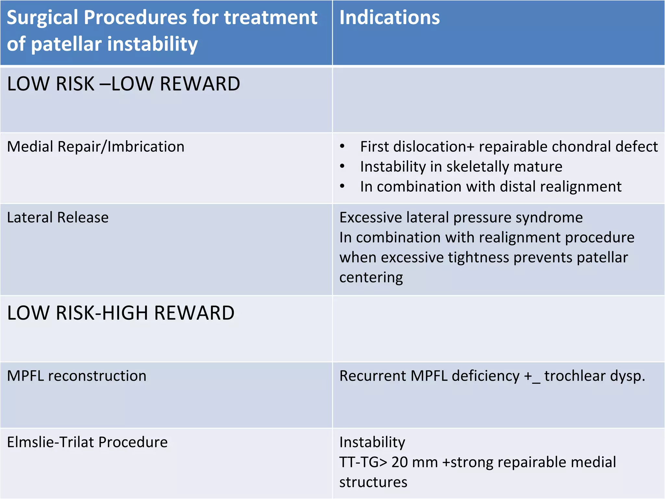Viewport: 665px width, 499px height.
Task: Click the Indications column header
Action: coord(389,18)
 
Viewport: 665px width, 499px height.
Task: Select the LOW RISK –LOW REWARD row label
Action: coord(123,84)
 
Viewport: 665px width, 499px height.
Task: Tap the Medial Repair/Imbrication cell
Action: coord(96,147)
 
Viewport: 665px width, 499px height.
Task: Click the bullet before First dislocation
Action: coord(342,147)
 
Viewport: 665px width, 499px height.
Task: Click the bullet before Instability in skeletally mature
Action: coord(342,167)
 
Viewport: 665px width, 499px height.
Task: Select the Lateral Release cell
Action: coord(58,217)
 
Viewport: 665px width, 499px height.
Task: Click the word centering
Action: coord(371,277)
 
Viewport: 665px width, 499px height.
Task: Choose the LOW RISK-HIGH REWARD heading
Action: coord(120,313)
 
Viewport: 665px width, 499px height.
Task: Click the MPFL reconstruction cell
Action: coord(77,376)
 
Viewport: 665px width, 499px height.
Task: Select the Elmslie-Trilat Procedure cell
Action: coord(87,442)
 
